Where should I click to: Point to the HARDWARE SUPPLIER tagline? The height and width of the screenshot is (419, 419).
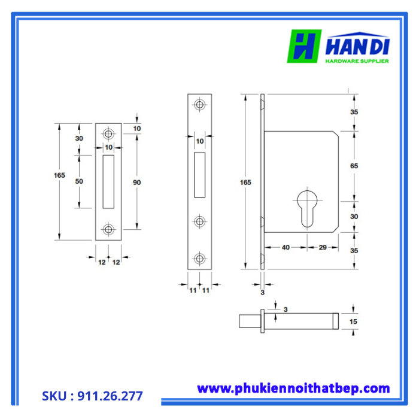[357, 61]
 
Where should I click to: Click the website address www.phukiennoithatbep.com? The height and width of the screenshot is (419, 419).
[293, 388]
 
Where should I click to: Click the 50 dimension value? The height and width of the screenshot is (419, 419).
[80, 181]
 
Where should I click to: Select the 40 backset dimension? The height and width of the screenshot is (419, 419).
[286, 247]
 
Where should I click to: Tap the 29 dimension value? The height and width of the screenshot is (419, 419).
[322, 247]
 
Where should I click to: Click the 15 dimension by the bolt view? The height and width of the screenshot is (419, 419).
[353, 321]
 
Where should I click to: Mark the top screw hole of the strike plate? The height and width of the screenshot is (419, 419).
[108, 133]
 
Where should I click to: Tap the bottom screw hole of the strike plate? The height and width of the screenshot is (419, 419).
[108, 229]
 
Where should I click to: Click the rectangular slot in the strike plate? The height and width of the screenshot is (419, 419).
[108, 181]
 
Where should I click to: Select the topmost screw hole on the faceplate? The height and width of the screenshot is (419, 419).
[199, 104]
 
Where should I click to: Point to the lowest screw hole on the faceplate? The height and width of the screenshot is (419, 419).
[199, 259]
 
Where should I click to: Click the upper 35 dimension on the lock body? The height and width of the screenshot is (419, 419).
[354, 112]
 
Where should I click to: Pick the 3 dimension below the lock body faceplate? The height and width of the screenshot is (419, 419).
[262, 292]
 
